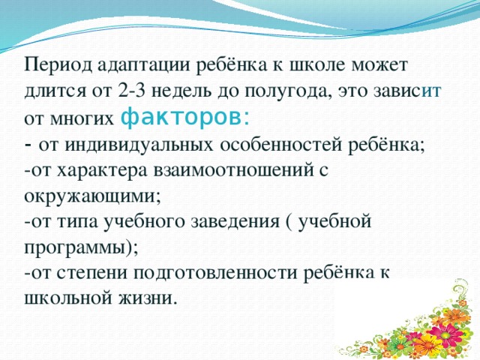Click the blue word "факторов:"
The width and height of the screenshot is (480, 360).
[x=186, y=117]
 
